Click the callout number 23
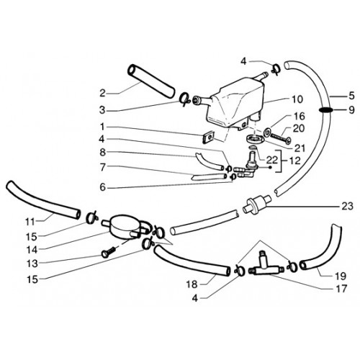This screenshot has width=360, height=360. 347,206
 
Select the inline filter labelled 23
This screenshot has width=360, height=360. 256,204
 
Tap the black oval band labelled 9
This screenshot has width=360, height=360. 325,110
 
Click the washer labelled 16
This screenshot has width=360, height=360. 266,132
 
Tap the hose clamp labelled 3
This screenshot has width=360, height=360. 185,99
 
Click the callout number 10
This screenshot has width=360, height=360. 297,99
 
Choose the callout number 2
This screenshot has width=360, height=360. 102,94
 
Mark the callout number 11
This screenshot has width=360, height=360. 30,222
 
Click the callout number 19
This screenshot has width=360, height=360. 341,276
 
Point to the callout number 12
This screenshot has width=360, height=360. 294,161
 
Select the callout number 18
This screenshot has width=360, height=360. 192,284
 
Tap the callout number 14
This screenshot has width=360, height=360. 32,250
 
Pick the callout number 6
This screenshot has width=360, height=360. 102,187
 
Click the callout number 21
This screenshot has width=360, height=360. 300,148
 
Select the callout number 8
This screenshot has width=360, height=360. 102,153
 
